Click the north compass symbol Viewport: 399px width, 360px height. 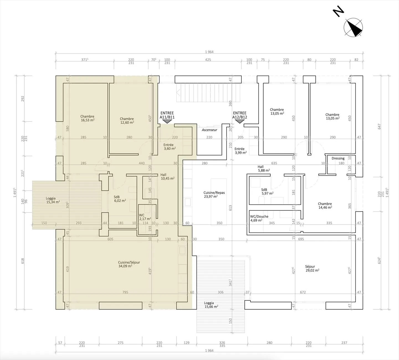click(x=353, y=27)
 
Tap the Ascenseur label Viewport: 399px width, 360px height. click(x=209, y=130)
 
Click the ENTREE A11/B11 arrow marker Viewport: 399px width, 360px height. click(x=167, y=121)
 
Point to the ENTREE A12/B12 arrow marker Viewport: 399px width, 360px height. click(x=240, y=121)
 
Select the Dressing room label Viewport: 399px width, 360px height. click(x=338, y=158)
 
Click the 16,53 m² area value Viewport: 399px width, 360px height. click(x=88, y=120)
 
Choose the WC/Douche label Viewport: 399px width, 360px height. click(x=259, y=216)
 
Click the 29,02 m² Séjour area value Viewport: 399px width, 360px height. click(x=313, y=270)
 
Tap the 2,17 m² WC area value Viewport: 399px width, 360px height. click(x=145, y=219)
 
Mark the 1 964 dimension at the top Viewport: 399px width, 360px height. click(x=209, y=52)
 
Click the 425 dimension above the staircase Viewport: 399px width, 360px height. click(x=208, y=60)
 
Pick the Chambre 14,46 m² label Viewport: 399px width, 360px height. click(x=325, y=206)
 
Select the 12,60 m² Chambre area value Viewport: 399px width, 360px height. click(x=127, y=123)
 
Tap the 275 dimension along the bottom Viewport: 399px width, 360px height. click(x=121, y=343)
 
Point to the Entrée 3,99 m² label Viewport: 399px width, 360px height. click(x=241, y=151)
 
